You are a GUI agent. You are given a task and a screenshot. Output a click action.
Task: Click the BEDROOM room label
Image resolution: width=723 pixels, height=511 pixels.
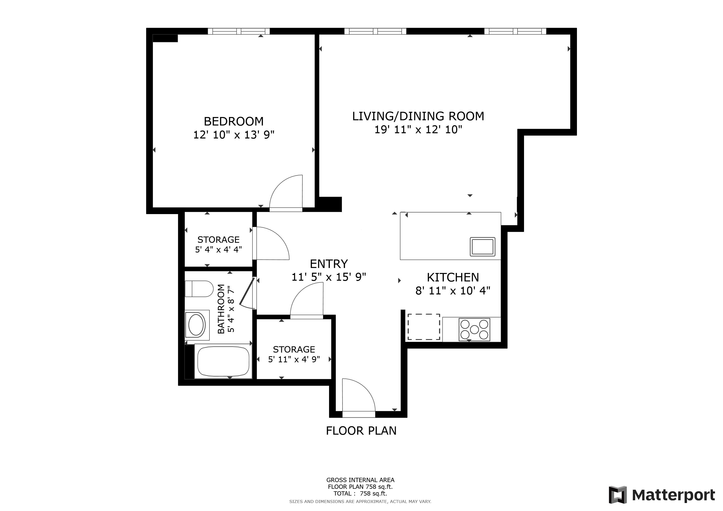click(233, 122)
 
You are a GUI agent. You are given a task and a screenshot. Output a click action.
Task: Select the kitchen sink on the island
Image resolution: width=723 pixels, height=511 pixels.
click(482, 246)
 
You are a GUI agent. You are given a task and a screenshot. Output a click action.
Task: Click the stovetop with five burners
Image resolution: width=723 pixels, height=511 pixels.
click(474, 329)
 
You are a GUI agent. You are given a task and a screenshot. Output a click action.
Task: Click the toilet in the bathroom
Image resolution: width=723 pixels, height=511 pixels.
click(199, 288)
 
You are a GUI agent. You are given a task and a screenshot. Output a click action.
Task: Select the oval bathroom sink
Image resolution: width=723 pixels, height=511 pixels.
click(196, 325)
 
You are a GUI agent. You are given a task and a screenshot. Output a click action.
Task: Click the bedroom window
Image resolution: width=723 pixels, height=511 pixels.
click(238, 31)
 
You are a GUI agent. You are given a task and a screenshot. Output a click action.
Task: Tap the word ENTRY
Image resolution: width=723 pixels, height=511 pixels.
click(329, 264)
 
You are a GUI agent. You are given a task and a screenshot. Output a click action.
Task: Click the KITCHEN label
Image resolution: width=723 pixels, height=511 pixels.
click(453, 277)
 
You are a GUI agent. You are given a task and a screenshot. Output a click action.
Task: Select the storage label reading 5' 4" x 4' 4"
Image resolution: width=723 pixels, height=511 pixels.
click(218, 250)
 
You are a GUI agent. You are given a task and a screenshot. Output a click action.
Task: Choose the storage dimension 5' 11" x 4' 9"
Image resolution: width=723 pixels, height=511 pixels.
click(294, 359)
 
